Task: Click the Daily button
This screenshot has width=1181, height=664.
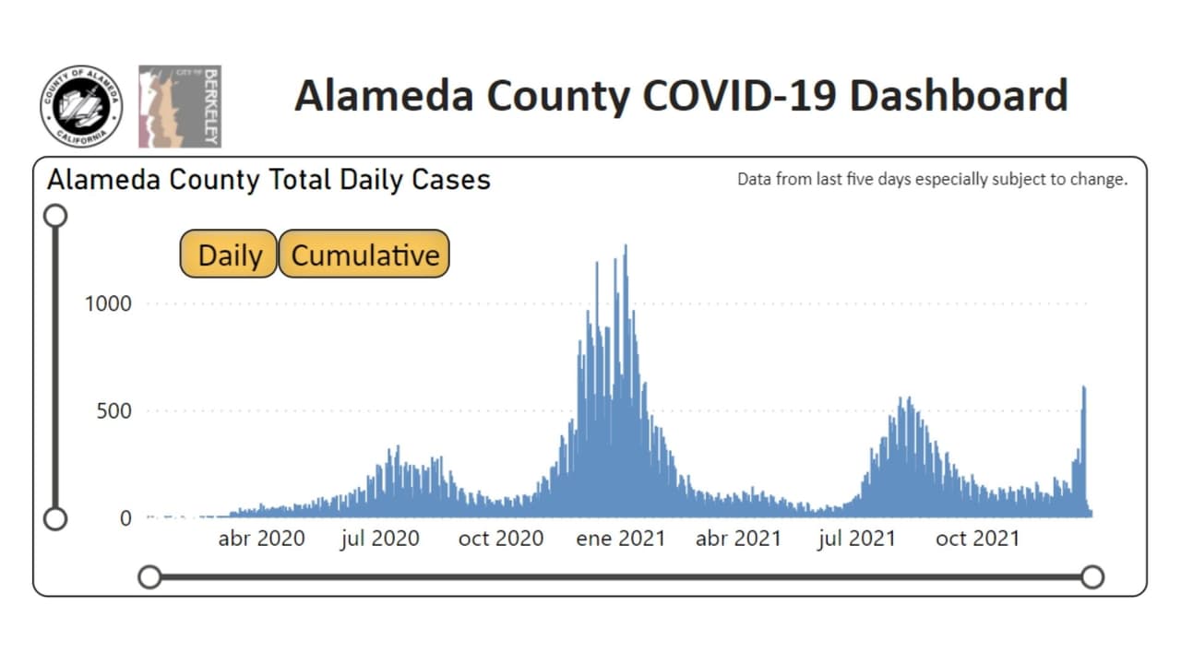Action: pos(229,255)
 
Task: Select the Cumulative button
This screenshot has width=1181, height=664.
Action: pos(364,255)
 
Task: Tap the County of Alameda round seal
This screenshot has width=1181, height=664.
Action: pos(81,106)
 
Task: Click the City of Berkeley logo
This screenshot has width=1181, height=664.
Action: pos(180,106)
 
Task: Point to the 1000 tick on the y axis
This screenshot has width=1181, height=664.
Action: pos(108,303)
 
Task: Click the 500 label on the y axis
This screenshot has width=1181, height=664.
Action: pos(113,410)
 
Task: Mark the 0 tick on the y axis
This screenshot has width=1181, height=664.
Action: pos(126,518)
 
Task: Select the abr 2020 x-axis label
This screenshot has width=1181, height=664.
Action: pos(261,539)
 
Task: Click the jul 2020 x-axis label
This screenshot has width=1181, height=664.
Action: pos(379,539)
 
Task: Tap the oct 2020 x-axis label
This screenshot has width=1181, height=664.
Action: pos(501,539)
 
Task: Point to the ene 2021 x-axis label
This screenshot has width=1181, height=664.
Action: pos(620,539)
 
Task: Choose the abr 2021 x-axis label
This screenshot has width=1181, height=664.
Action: pos(738,539)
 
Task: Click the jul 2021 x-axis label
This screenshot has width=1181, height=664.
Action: pos(856,539)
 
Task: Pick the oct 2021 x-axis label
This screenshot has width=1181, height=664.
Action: pos(978,539)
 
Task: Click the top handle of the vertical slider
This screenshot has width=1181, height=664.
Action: pos(55,216)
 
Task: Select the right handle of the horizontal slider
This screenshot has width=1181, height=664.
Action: pos(1092,577)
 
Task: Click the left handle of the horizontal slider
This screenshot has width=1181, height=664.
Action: pos(149,577)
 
